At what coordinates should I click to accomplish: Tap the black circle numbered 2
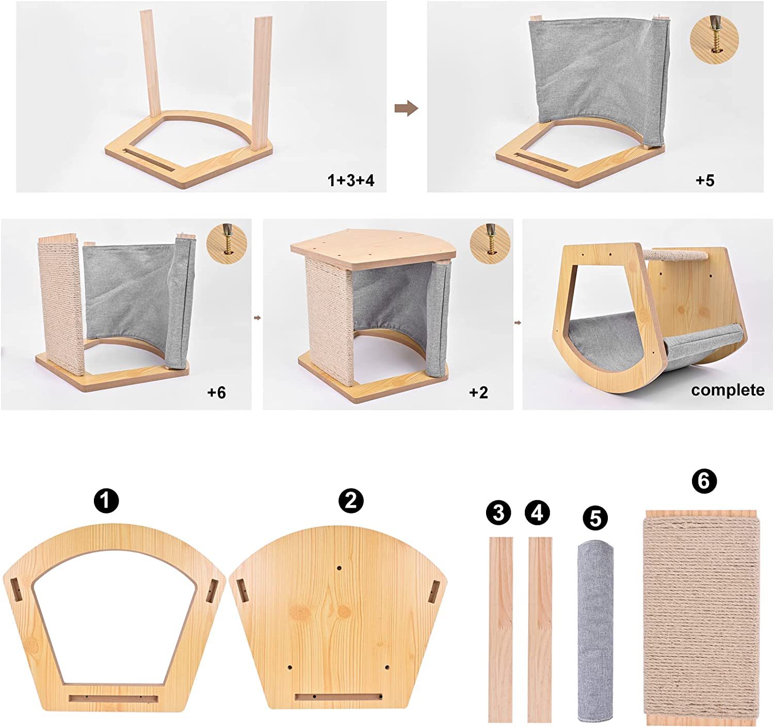(351, 500)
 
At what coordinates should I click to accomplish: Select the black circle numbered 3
(499, 513)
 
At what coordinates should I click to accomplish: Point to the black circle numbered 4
(538, 513)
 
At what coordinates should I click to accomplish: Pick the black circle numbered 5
(595, 518)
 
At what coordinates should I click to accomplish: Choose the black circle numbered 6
(704, 481)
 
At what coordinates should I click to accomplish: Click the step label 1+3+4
(351, 181)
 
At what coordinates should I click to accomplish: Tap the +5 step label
(705, 181)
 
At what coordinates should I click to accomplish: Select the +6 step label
(216, 393)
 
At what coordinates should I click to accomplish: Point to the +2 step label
(478, 393)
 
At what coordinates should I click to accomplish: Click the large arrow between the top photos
(406, 108)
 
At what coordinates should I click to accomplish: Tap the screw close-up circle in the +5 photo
(714, 39)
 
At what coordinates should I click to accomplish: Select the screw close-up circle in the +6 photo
(227, 243)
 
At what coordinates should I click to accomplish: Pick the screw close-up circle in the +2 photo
(490, 243)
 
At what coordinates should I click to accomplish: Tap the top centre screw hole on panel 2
(339, 569)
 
